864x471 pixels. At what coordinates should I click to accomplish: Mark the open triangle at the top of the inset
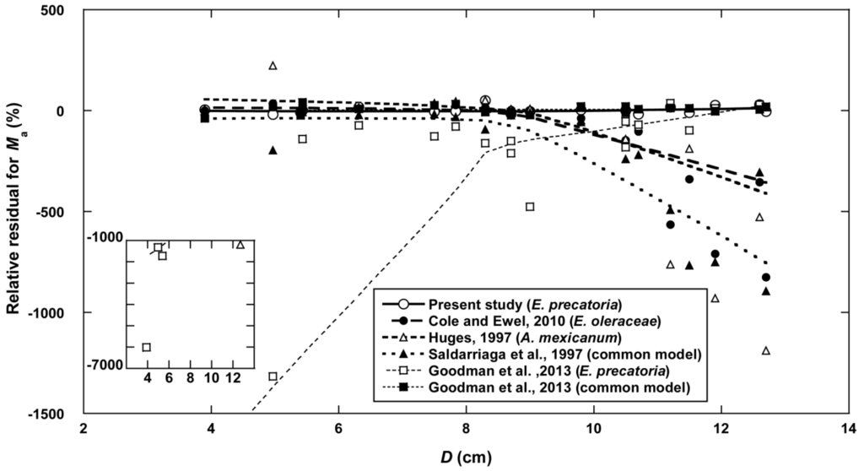240,245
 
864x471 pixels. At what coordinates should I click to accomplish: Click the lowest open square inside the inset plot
147,347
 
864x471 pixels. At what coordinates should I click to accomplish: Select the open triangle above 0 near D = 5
273,66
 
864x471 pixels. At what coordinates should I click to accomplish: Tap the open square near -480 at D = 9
530,207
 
